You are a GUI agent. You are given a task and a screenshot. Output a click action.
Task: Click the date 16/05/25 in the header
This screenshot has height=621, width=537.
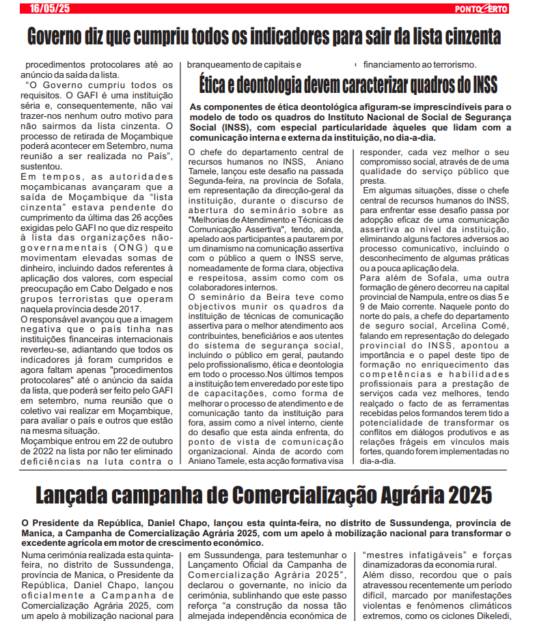point(50,8)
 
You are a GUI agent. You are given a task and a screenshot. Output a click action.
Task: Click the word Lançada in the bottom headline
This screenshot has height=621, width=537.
point(77,493)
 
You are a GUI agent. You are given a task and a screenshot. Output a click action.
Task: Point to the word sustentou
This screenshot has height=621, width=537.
point(42,166)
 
